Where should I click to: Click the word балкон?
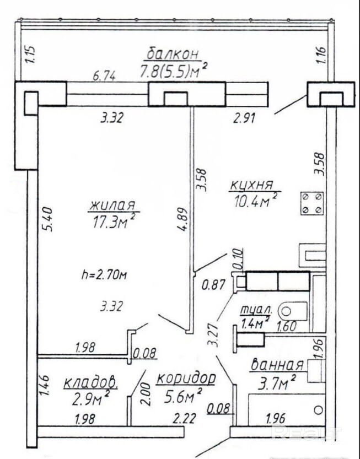click(x=173, y=53)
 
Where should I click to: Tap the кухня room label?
click(x=251, y=185)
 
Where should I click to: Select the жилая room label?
click(x=113, y=205)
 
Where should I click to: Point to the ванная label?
click(x=277, y=365)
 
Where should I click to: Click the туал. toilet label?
click(x=256, y=310)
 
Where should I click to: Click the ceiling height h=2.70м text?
click(x=104, y=275)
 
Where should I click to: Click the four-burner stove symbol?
click(x=312, y=203)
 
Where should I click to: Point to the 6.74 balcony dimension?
click(x=104, y=77)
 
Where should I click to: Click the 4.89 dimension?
click(x=182, y=219)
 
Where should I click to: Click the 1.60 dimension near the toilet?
click(x=287, y=326)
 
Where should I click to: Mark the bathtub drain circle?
click(x=319, y=409)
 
